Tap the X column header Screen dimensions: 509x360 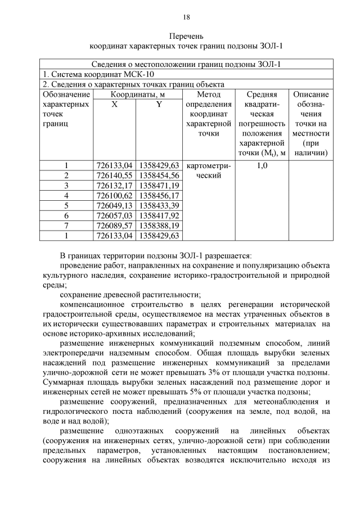tap(115, 104)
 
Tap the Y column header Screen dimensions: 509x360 tap(159, 104)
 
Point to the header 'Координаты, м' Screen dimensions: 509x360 tap(137, 94)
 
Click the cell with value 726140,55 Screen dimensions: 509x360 tap(115, 175)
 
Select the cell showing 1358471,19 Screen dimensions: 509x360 tap(159, 185)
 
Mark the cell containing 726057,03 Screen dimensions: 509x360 tap(115, 215)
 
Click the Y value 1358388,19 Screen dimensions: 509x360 tap(159, 225)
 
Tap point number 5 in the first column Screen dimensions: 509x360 tap(66, 205)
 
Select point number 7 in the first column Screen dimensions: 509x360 tap(66, 225)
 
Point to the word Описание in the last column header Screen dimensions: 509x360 tap(311, 94)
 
